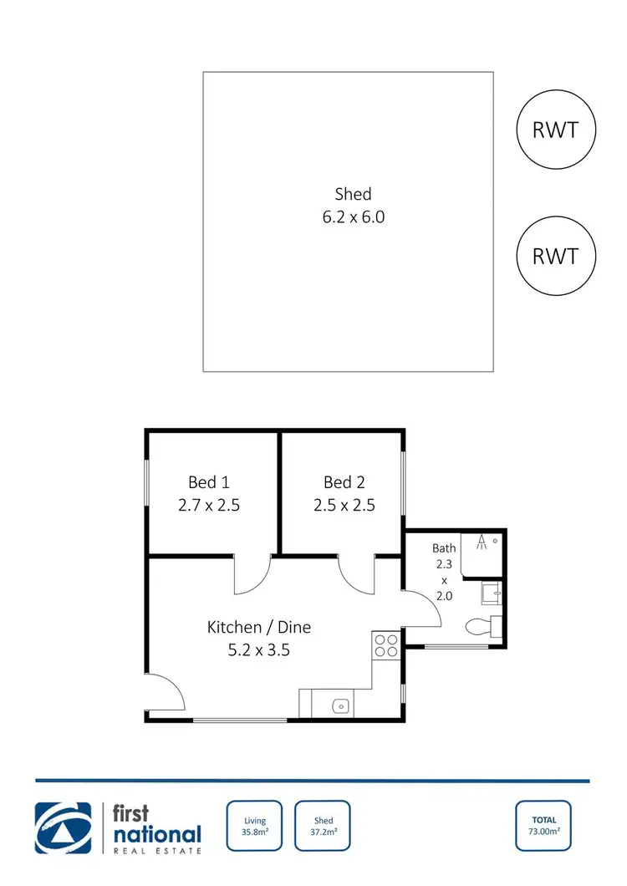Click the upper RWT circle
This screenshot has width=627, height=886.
click(x=555, y=130)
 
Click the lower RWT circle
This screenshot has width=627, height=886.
click(x=555, y=255)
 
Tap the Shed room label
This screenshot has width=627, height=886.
click(x=353, y=194)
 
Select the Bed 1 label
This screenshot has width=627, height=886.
click(x=208, y=482)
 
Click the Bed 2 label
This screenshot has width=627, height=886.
click(x=344, y=482)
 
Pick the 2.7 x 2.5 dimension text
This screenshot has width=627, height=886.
click(x=208, y=505)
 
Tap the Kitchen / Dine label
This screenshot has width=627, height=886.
click(x=259, y=626)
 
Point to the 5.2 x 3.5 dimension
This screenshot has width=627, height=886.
click(x=259, y=649)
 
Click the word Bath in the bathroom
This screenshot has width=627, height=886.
click(x=444, y=548)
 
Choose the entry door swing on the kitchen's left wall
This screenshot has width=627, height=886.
click(x=165, y=692)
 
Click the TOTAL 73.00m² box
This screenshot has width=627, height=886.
click(x=544, y=826)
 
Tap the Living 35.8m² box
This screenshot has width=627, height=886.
click(x=255, y=826)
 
